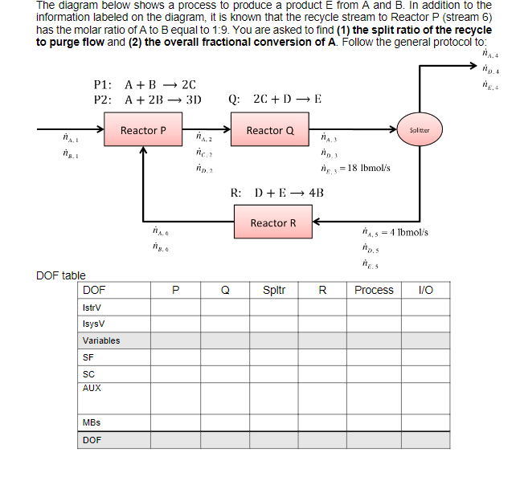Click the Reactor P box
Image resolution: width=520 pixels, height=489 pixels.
coord(143,130)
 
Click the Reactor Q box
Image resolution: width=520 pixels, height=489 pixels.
coord(270,130)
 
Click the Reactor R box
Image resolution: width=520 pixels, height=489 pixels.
coord(272,222)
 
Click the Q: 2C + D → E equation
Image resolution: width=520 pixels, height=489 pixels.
coord(275,100)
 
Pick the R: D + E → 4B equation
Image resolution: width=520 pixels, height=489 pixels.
coord(276,193)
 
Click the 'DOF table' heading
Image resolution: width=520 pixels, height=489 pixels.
coord(61,275)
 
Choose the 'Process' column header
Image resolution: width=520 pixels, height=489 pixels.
coord(374,290)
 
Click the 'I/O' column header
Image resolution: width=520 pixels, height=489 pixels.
coord(426,290)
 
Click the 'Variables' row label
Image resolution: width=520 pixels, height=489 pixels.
coord(100,340)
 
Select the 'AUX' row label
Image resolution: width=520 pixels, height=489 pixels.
coord(91,387)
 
